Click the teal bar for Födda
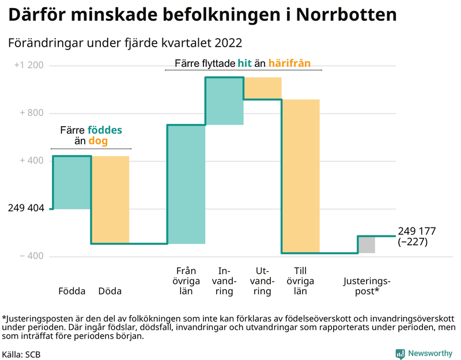71,182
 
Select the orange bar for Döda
110,199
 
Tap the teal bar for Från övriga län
186,184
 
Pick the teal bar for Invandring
224,101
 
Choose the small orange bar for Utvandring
262,88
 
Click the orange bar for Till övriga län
300,176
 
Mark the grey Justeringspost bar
366,244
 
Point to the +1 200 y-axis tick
29,66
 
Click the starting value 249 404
26,208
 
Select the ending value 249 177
417,231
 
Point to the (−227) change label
413,242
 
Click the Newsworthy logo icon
399,354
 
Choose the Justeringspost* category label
366,286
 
